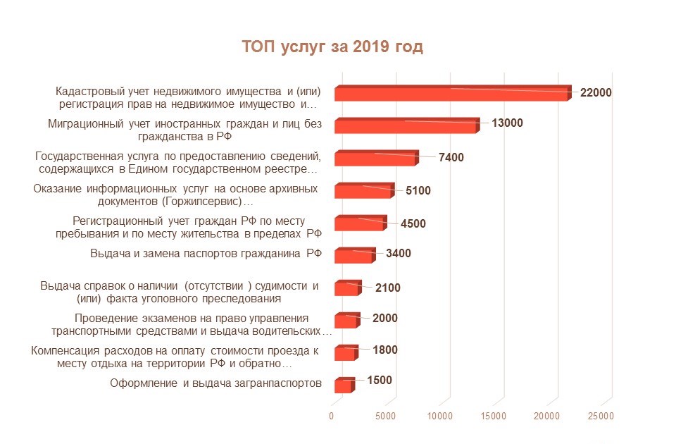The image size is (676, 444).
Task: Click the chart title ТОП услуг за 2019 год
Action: pos(332,47)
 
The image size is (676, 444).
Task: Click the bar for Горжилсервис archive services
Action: pos(363,192)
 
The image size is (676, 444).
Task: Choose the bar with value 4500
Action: pos(359,224)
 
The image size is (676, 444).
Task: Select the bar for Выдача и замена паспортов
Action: pos(353,256)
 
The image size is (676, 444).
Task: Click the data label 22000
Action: pos(596,92)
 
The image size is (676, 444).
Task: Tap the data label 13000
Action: pos(507,123)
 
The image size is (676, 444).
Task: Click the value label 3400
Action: pos(398,254)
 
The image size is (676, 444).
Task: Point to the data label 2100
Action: pos(387,287)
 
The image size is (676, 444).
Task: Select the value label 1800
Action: pos(384,350)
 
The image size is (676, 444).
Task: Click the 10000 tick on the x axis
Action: pos(439,417)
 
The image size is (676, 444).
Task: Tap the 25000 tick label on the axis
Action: pos(601,417)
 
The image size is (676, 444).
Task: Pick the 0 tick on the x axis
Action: pos(332,417)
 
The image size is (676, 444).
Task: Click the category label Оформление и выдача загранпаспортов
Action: pos(216,383)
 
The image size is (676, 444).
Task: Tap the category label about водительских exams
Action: pos(192,324)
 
